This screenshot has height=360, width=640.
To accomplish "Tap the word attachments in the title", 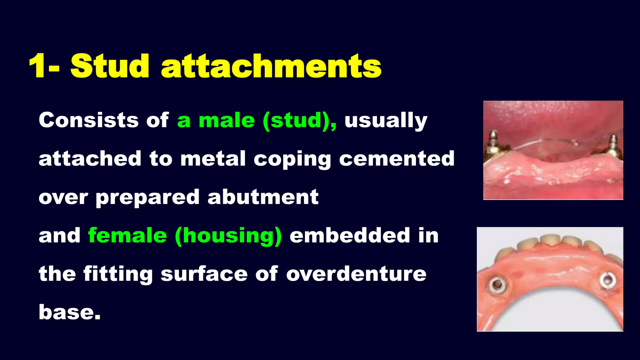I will pos(271,67).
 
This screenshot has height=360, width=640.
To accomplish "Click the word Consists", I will pos(88,120).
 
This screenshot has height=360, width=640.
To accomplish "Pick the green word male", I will pos(227,121).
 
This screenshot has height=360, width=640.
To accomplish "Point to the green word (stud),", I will pos(300,121).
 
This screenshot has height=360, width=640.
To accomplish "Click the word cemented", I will pos(397,159).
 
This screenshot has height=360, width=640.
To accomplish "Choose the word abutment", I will pos(263,197).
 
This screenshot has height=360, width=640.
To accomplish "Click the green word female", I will pos(127,235).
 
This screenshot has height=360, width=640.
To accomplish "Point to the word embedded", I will pos(349,235).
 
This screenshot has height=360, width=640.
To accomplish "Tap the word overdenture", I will pos(356,274).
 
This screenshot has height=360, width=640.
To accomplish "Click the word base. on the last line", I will pos(70,312).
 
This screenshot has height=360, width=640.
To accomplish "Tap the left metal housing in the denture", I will pos(496,285).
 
